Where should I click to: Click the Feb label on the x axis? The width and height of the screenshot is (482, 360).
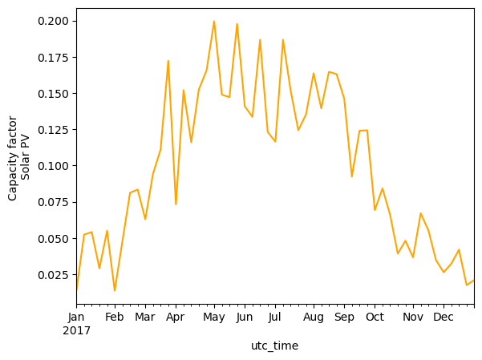[115, 318]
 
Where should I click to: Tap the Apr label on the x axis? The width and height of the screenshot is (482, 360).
[176, 318]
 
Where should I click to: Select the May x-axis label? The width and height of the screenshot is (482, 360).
[213, 318]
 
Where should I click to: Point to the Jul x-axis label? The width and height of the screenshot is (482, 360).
[274, 318]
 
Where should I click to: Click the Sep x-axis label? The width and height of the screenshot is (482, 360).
[343, 318]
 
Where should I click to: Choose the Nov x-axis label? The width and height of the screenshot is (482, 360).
[412, 318]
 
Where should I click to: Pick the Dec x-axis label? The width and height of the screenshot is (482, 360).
[444, 318]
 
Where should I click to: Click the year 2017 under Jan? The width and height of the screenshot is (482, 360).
[77, 330]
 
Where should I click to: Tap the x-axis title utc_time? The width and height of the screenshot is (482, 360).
[274, 346]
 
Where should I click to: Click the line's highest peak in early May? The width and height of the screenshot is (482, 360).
[214, 22]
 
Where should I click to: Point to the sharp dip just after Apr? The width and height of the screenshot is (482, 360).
[176, 204]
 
